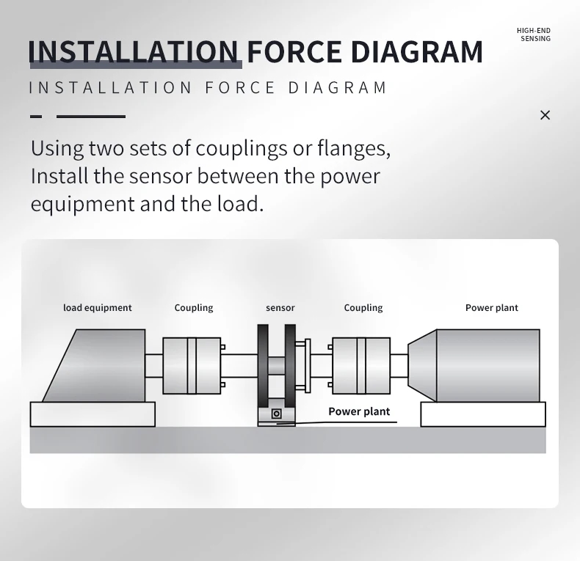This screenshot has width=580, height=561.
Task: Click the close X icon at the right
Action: tap(545, 115)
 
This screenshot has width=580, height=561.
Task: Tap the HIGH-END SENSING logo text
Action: tap(534, 34)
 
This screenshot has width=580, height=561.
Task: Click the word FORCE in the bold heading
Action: tap(294, 51)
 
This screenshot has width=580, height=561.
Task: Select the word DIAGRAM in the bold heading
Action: tap(416, 51)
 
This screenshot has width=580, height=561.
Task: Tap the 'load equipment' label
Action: tap(98, 308)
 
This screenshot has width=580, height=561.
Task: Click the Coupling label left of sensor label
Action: tap(194, 308)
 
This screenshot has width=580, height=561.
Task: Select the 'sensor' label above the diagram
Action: tap(280, 308)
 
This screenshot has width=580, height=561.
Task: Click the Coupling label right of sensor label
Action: tap(363, 308)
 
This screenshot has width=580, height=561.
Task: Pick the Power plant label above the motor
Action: tap(492, 308)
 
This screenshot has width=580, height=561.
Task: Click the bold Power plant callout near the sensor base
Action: tap(359, 411)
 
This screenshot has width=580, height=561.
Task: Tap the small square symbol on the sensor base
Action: tap(276, 414)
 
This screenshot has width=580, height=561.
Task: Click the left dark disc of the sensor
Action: tap(263, 366)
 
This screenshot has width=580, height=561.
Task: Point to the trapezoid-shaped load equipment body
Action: tap(100, 366)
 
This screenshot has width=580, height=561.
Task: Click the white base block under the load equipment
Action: tap(93, 414)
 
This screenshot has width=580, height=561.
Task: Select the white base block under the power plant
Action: tap(483, 414)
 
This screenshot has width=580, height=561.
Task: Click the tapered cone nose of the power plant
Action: tap(422, 365)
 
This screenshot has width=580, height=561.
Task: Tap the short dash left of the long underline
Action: tap(36, 117)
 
